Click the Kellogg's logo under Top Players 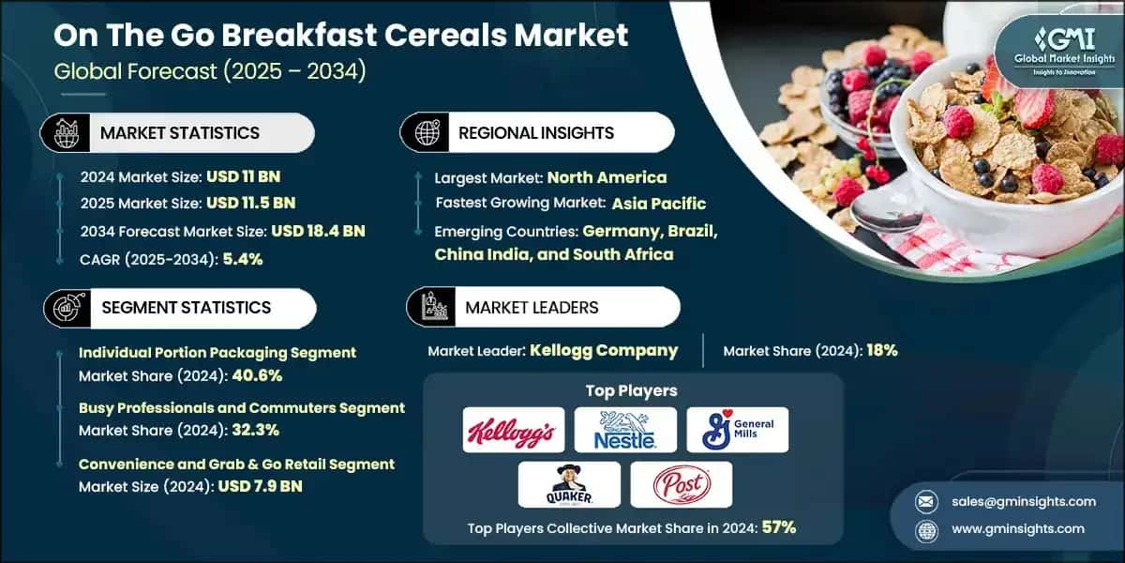[x=514, y=431]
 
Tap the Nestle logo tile [x=625, y=431]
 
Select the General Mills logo [x=737, y=431]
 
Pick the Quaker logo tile [x=569, y=485]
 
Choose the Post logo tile [x=681, y=485]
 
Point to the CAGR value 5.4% [x=242, y=260]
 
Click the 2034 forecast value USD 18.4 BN [x=318, y=230]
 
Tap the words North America [x=607, y=177]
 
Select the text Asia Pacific [x=659, y=204]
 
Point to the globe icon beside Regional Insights [x=428, y=133]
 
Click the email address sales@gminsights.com [x=1021, y=501]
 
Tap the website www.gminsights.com [x=1019, y=528]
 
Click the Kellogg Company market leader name [x=604, y=351]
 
